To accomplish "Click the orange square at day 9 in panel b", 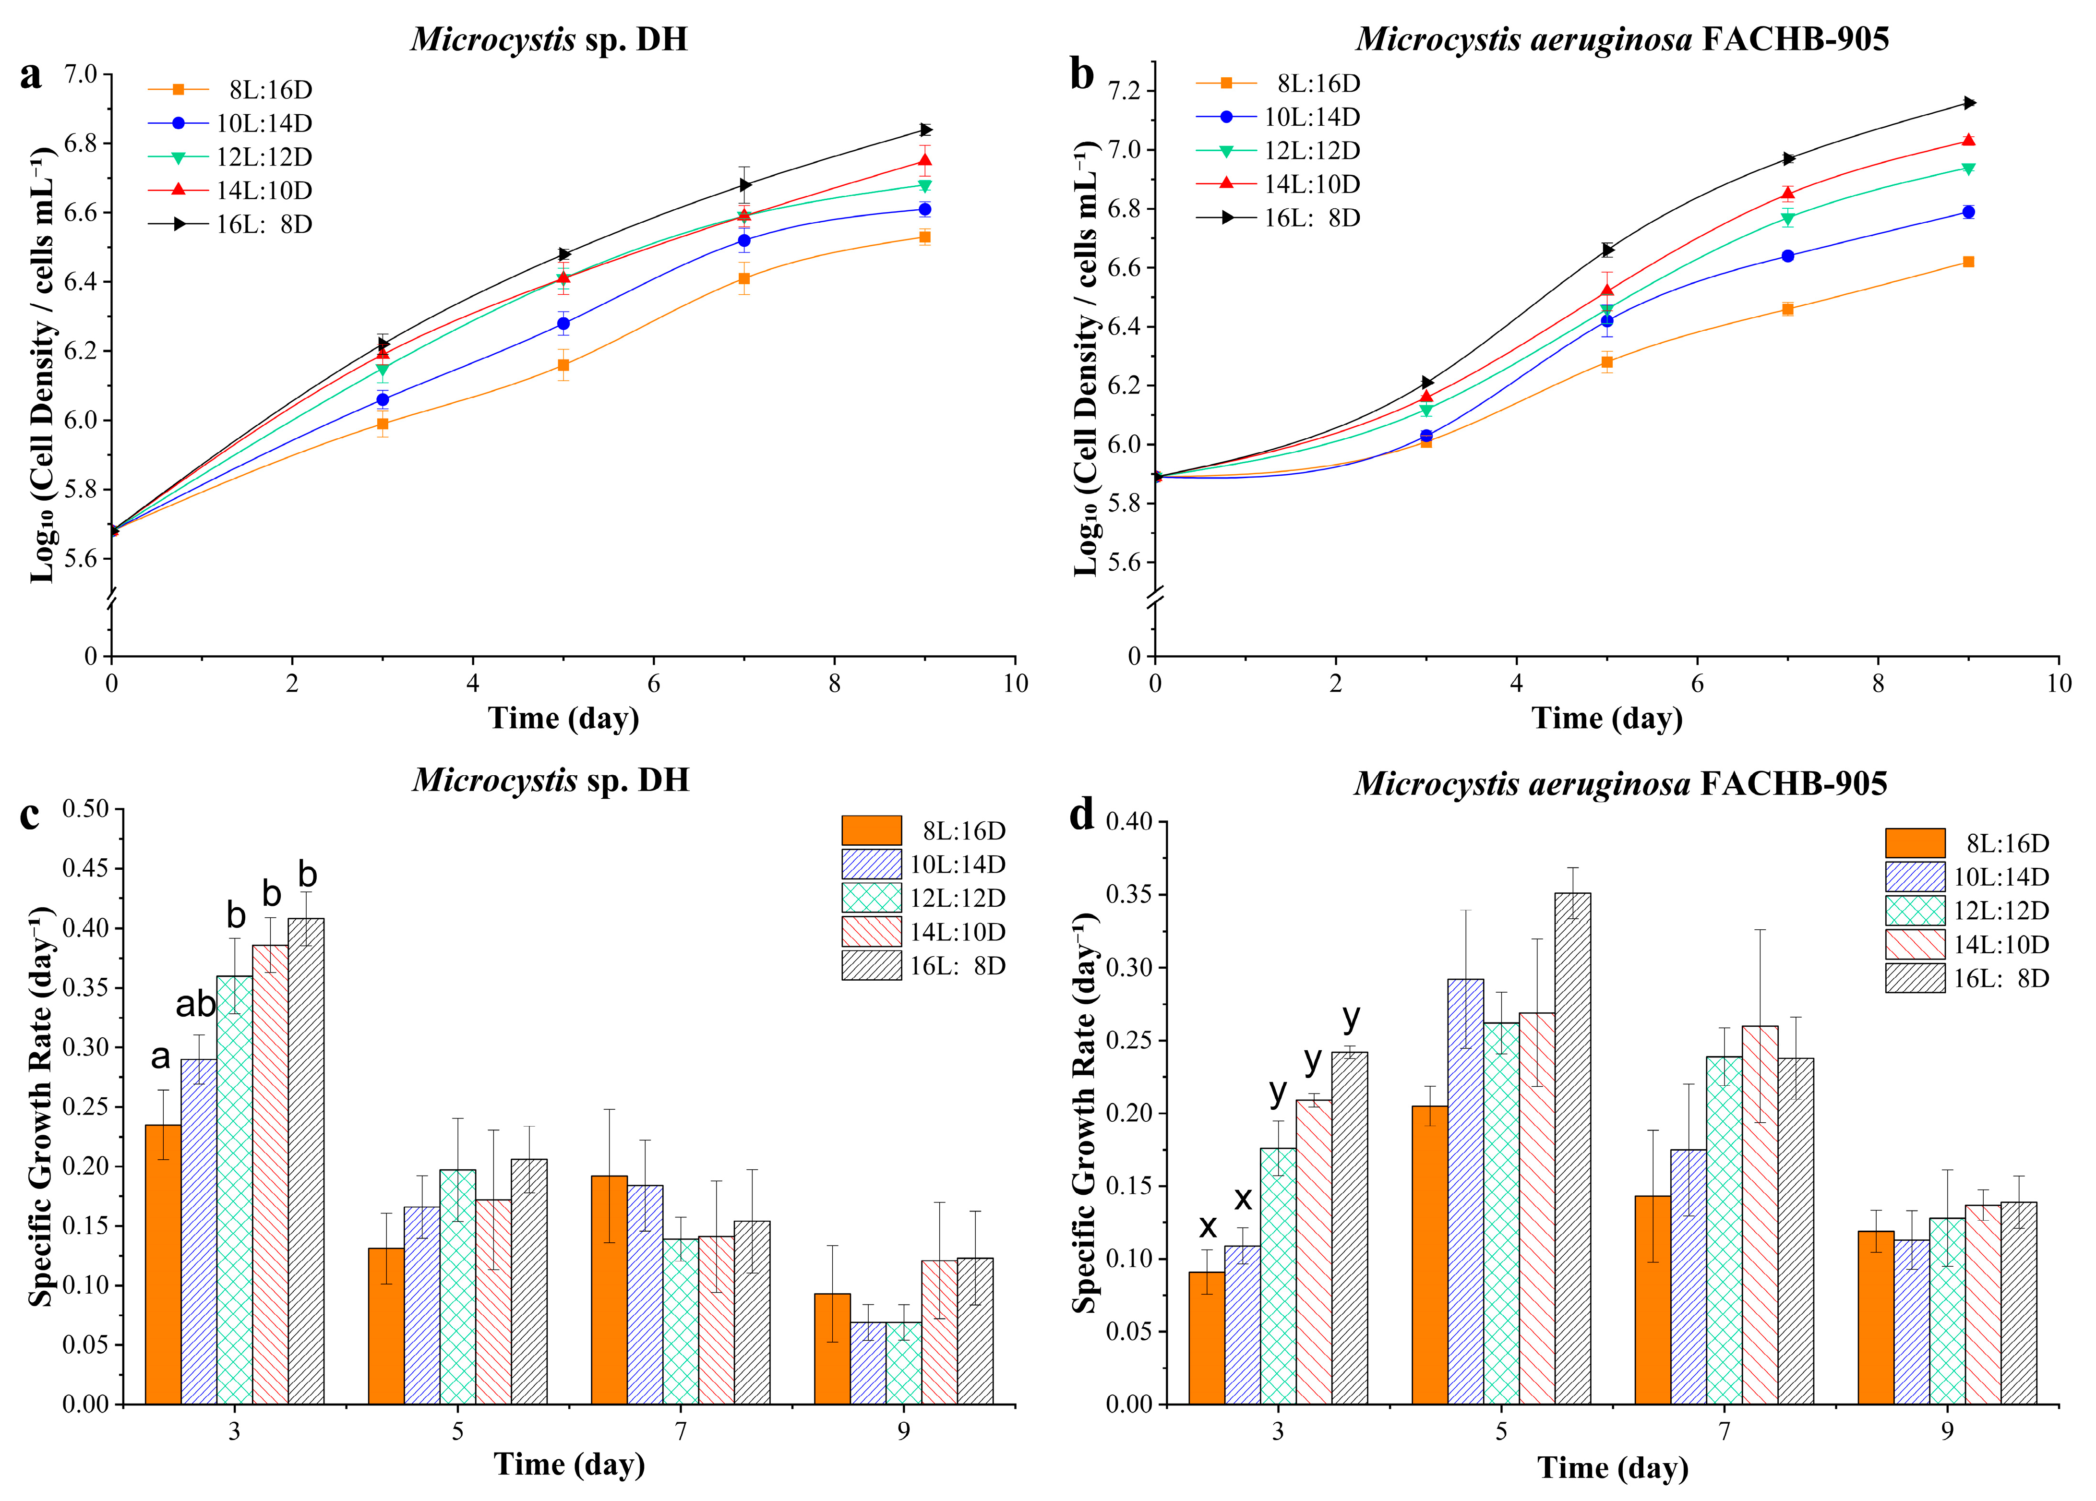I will [1968, 262].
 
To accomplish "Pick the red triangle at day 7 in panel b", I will [1788, 193].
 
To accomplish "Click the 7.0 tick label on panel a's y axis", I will [81, 74].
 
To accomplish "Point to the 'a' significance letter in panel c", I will [161, 1057].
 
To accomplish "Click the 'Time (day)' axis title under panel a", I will [564, 718].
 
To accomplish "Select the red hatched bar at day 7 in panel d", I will [1760, 1215].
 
